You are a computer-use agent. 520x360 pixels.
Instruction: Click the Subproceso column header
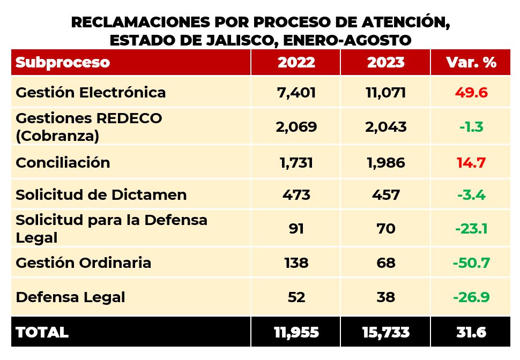coord(63,62)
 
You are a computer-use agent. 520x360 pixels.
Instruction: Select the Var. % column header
coord(471,62)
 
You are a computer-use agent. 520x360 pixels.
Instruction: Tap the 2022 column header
coord(296,62)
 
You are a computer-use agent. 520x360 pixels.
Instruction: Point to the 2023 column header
coord(385,62)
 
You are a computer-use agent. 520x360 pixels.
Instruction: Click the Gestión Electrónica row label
coord(91,92)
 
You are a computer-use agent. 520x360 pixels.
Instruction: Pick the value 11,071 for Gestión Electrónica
coord(385,92)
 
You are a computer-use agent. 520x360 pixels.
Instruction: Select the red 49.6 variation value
coord(471,92)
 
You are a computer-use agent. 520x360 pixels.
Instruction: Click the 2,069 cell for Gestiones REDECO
coord(297,127)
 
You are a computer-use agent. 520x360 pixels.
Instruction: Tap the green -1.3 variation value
coord(471,127)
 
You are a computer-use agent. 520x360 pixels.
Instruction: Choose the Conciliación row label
coord(63,163)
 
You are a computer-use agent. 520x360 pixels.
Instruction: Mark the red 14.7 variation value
coord(471,163)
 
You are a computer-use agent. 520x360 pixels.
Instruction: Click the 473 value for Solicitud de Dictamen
coord(296,194)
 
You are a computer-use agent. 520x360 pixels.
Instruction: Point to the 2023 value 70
coord(386,229)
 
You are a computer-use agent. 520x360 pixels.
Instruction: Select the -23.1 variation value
coord(471,229)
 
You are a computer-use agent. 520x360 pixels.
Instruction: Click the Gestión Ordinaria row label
coord(83,263)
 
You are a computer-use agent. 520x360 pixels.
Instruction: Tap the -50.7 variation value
coord(471,263)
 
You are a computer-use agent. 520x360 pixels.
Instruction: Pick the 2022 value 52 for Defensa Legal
coord(296,297)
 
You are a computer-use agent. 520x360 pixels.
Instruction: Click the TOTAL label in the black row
coord(42,332)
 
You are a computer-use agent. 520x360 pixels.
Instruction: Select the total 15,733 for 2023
coord(386,332)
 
